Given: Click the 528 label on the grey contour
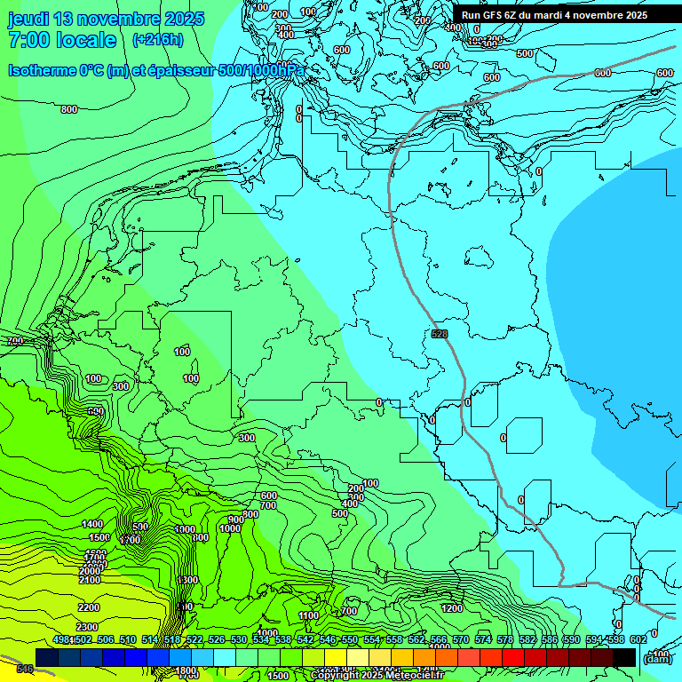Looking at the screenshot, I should (440, 334).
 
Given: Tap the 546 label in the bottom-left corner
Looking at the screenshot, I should (25, 668).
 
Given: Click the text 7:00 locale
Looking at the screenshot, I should (62, 40).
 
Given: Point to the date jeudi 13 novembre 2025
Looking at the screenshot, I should (106, 19).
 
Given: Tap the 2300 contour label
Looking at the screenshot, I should (88, 627).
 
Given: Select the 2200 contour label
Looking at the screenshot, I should (88, 607).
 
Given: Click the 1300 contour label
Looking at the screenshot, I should (186, 580).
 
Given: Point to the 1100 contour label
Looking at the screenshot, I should (308, 615).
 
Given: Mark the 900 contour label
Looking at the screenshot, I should (235, 519).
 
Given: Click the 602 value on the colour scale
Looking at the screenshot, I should (638, 640).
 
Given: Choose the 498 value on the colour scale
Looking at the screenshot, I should (61, 640).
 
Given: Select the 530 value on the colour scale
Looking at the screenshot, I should (239, 640).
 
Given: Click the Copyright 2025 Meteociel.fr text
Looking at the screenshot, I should (377, 675).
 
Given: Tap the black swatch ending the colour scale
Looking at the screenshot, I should (624, 657).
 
